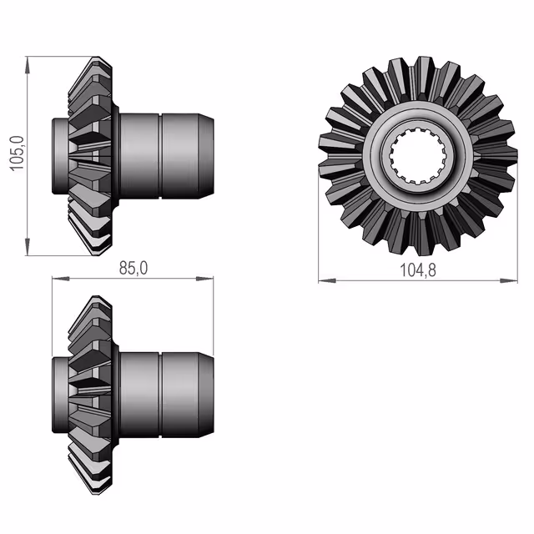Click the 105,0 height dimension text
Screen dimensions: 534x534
coord(17,154)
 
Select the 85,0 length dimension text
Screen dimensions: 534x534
coord(133,268)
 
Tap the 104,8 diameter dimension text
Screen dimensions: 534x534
coord(418,270)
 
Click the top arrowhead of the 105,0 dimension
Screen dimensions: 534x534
coord(28,65)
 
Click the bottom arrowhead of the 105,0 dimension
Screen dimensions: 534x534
coord(28,247)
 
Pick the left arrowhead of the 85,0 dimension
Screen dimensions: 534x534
coord(61,279)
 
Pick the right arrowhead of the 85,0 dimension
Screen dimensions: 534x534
coord(204,279)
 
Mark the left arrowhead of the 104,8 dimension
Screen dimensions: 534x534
coord(327,280)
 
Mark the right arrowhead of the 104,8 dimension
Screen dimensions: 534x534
coord(509,280)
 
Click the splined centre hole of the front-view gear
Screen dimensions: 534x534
coord(418,155)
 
